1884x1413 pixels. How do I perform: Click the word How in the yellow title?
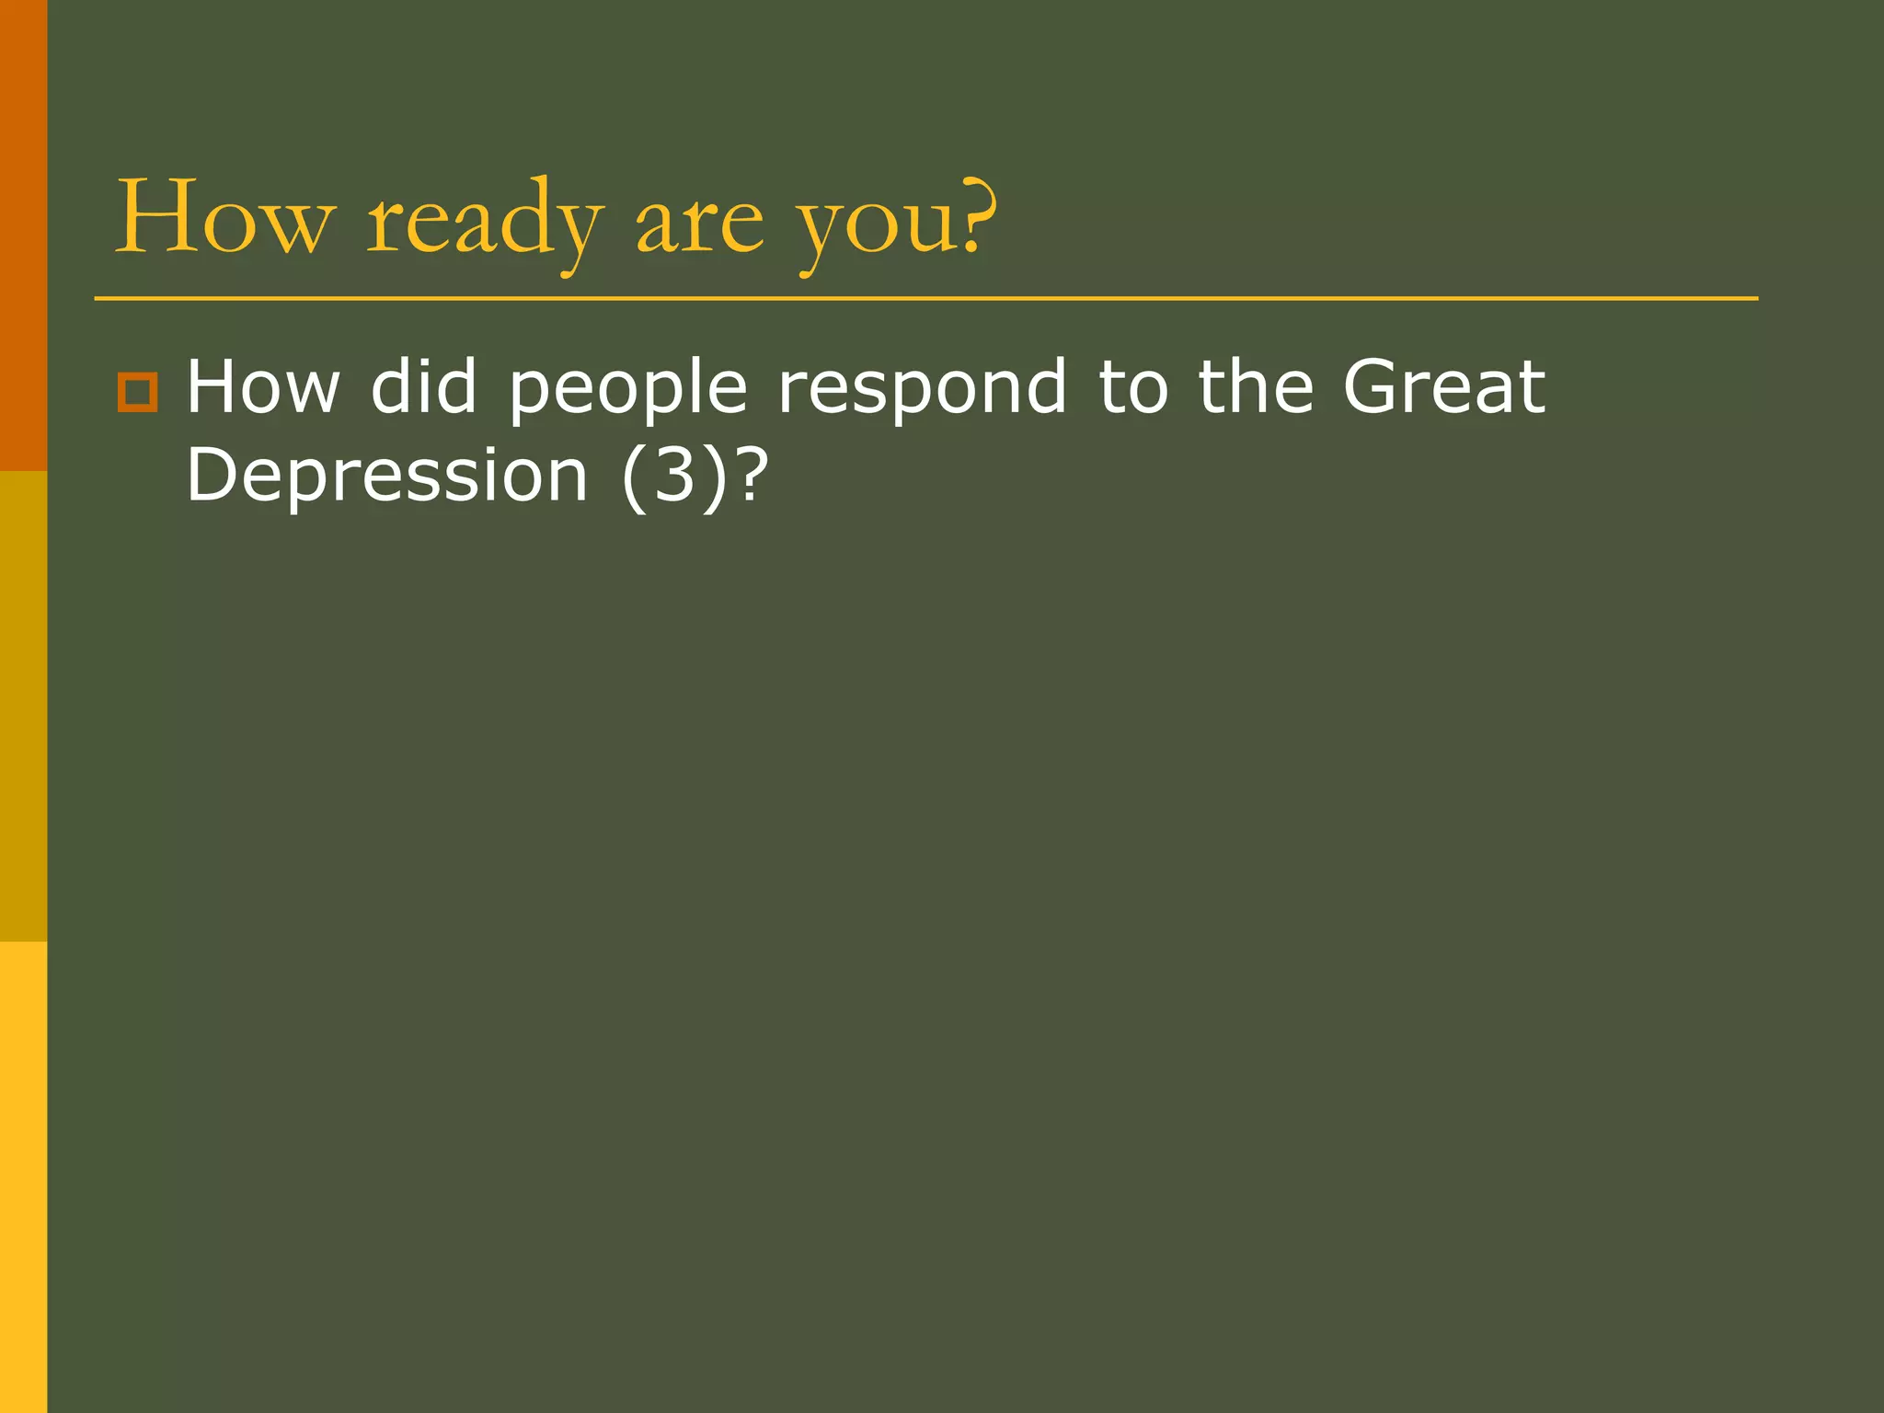[x=224, y=218]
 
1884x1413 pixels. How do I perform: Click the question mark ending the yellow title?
[x=977, y=216]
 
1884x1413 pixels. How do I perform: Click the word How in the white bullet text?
[x=263, y=387]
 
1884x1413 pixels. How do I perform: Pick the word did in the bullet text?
[x=424, y=387]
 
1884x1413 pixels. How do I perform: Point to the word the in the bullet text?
[x=1256, y=387]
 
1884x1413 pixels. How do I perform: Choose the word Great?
[x=1443, y=387]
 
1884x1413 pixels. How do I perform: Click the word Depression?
[x=386, y=477]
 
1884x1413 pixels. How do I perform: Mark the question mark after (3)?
[x=750, y=475]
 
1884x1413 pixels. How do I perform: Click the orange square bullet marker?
[x=138, y=392]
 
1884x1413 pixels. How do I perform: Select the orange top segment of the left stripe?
[x=23, y=235]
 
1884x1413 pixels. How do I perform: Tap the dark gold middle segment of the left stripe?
[x=23, y=706]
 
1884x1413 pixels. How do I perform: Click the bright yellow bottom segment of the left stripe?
[x=23, y=1177]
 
